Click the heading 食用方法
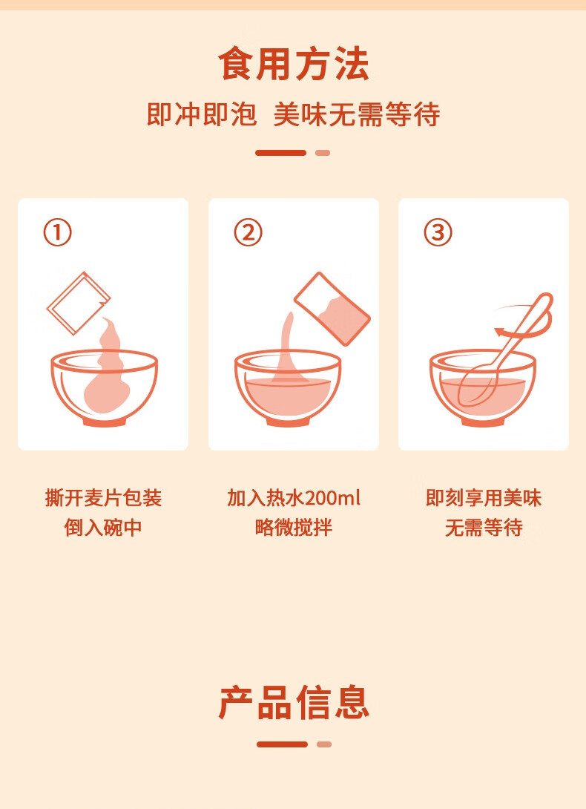[x=293, y=64]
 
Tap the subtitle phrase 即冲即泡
[x=201, y=115]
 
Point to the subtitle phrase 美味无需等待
[x=357, y=115]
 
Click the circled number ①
[x=58, y=233]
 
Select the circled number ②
[x=248, y=233]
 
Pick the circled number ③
[x=438, y=233]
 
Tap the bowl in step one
[x=104, y=390]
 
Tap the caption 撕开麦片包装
[x=103, y=498]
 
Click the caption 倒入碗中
[x=103, y=528]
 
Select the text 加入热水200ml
[x=294, y=498]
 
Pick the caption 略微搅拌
[x=294, y=528]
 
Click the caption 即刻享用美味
[x=484, y=498]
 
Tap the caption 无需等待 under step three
[x=484, y=528]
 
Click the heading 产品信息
[x=294, y=702]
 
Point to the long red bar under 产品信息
[x=282, y=744]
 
